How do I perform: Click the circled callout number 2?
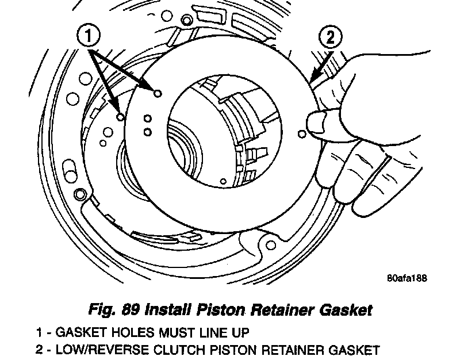(330, 38)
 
